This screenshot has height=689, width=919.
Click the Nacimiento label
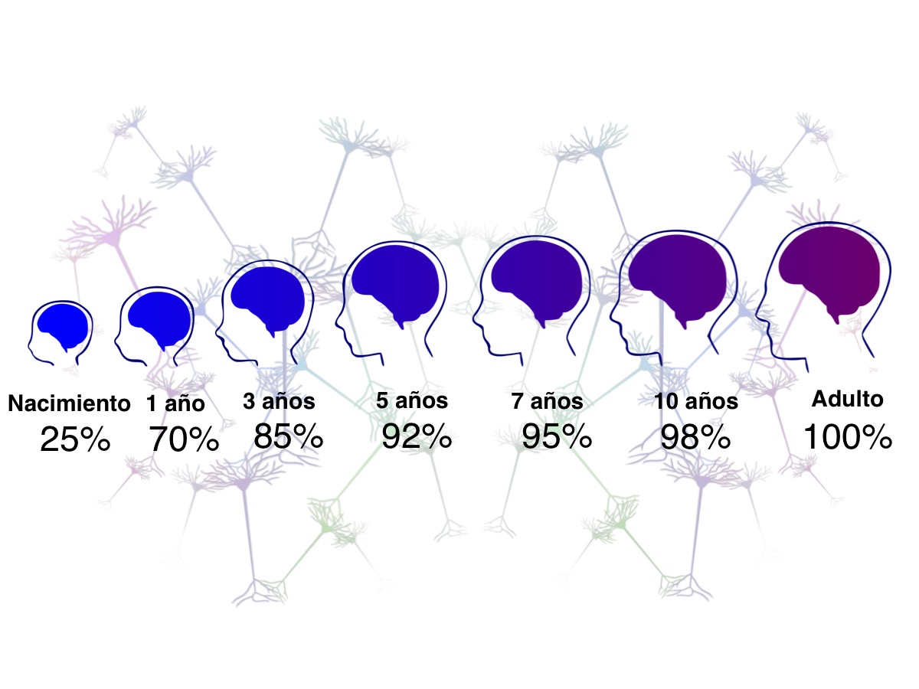pos(69,403)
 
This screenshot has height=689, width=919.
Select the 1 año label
pos(175,404)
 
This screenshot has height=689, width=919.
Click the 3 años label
pos(279,401)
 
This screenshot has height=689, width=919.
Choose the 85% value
pos(288,436)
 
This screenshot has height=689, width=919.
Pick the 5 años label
pos(411,400)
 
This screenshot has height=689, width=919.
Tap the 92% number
pos(417,436)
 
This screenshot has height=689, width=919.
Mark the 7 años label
pos(548,401)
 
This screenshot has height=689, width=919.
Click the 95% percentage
pos(557,436)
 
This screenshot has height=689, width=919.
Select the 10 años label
pos(696,401)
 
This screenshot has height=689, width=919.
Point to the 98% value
pos(695,437)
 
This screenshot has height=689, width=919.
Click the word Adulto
pos(847,399)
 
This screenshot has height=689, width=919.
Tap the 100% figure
pos(847,437)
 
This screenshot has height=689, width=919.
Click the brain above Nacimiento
pos(61,325)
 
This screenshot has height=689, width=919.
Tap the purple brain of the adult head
pos(830,268)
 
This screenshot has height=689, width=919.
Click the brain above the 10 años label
pos(679,279)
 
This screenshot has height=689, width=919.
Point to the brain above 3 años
pos(268,296)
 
